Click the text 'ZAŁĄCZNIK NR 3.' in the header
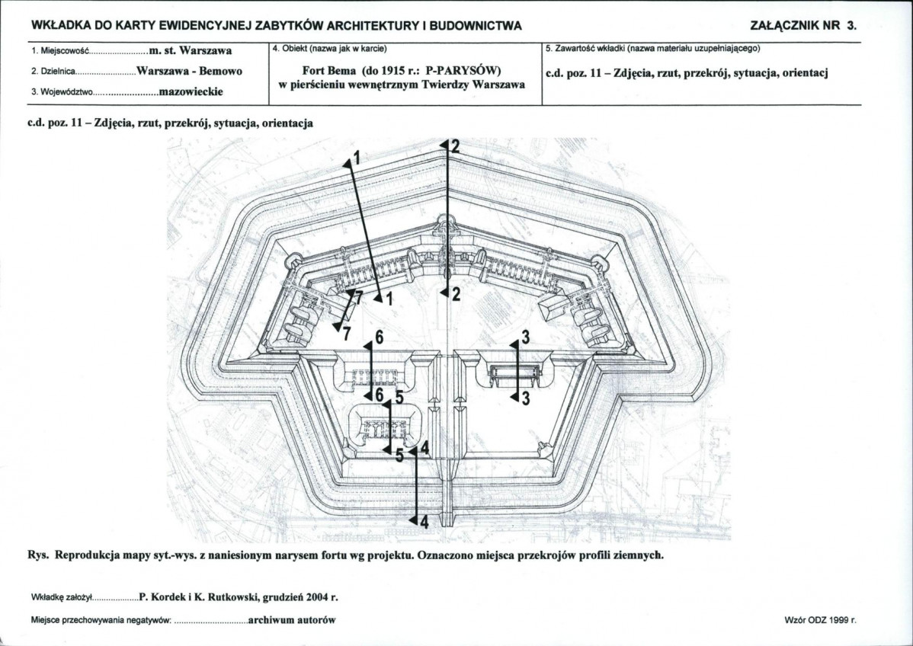[x=803, y=26]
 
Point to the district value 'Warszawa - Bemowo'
[x=189, y=72]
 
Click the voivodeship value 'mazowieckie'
[x=191, y=92]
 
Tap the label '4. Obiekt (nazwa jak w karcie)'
[x=329, y=48]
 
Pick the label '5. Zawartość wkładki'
[x=582, y=48]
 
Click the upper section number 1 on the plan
[x=357, y=157]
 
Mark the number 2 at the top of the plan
[x=455, y=146]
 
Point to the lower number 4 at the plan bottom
[x=424, y=522]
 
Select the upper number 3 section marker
[x=525, y=337]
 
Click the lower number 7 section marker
[x=347, y=334]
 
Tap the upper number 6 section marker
[x=379, y=337]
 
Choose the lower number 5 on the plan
[x=399, y=455]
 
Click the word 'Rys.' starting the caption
[x=38, y=555]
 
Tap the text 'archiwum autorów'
[x=293, y=620]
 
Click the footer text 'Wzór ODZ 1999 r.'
[x=821, y=620]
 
